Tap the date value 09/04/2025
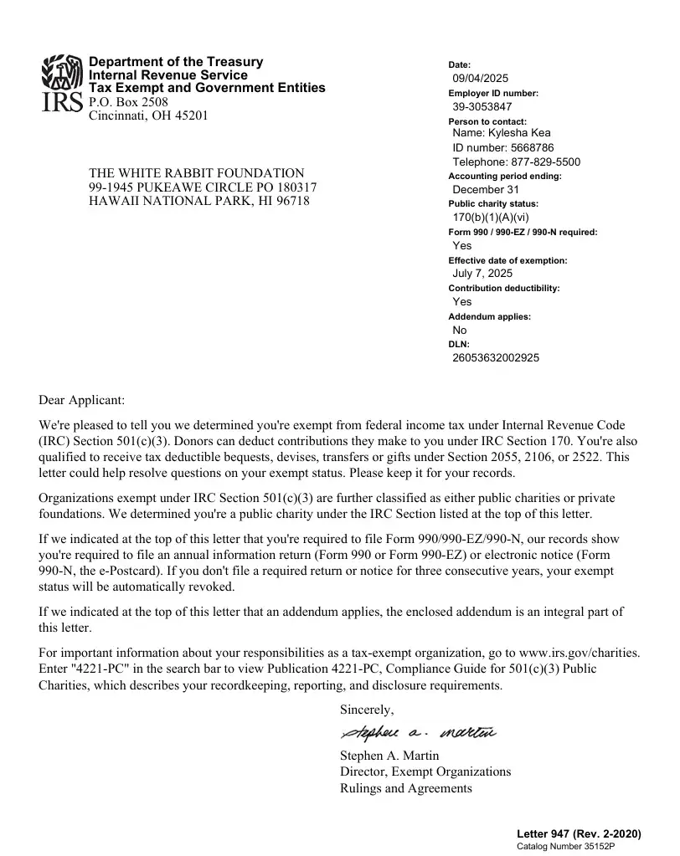[480, 79]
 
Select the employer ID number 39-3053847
[482, 107]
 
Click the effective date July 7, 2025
[482, 274]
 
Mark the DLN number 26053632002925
[496, 358]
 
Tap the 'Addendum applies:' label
[489, 317]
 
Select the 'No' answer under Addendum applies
[460, 331]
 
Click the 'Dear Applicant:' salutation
[81, 400]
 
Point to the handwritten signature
[417, 734]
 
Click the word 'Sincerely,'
[366, 710]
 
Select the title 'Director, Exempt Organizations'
[425, 771]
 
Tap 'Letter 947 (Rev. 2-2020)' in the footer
[579, 834]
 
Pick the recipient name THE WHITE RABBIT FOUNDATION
[197, 173]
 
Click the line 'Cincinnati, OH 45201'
[148, 115]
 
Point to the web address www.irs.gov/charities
[580, 652]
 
